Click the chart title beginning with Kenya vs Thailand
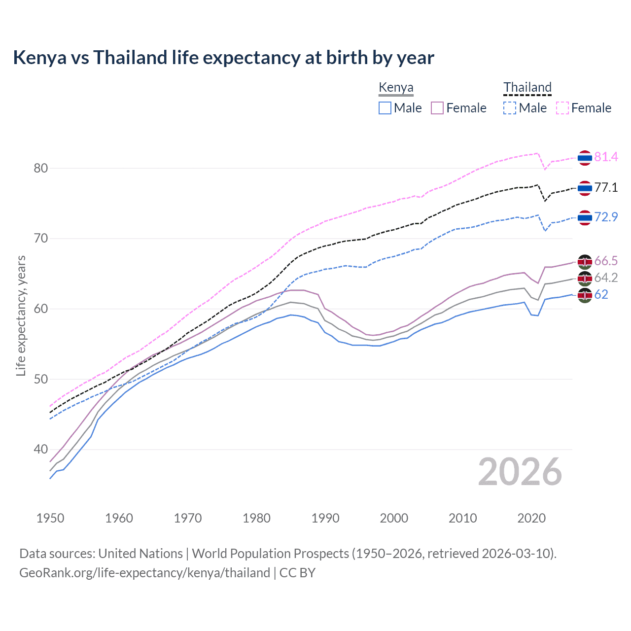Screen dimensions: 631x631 click(223, 58)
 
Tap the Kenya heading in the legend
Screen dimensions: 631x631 click(396, 88)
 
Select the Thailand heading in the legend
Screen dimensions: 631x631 click(527, 87)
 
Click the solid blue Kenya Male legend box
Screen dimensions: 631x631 click(385, 108)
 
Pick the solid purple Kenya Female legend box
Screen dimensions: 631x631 click(437, 108)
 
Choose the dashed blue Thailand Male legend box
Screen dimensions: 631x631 click(510, 108)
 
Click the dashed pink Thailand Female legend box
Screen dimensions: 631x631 click(562, 108)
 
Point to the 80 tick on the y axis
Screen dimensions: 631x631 click(41, 168)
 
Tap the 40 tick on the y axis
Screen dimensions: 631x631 click(41, 450)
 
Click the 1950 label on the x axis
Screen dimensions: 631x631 click(50, 518)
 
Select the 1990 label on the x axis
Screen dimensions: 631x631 click(325, 518)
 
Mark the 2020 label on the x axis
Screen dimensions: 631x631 click(531, 518)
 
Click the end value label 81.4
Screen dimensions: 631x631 click(606, 157)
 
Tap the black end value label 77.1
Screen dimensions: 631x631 click(606, 188)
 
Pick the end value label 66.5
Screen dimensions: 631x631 click(606, 261)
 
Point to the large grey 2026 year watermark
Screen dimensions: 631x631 click(520, 472)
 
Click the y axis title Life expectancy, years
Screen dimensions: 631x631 click(21, 315)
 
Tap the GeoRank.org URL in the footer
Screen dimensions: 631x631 click(144, 573)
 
